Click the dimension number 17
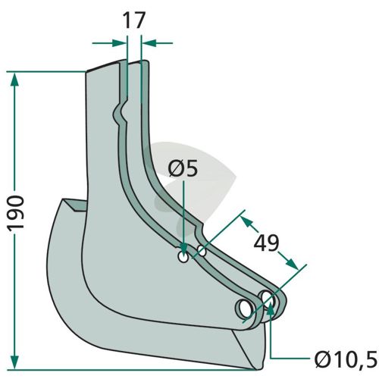[134, 20]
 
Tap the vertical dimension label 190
[16, 212]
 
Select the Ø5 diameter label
[183, 168]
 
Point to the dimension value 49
[266, 243]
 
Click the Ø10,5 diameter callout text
[346, 359]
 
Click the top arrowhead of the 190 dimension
[15, 80]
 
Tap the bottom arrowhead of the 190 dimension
[15, 362]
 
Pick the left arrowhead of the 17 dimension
[119, 43]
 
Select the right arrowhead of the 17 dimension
[149, 43]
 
